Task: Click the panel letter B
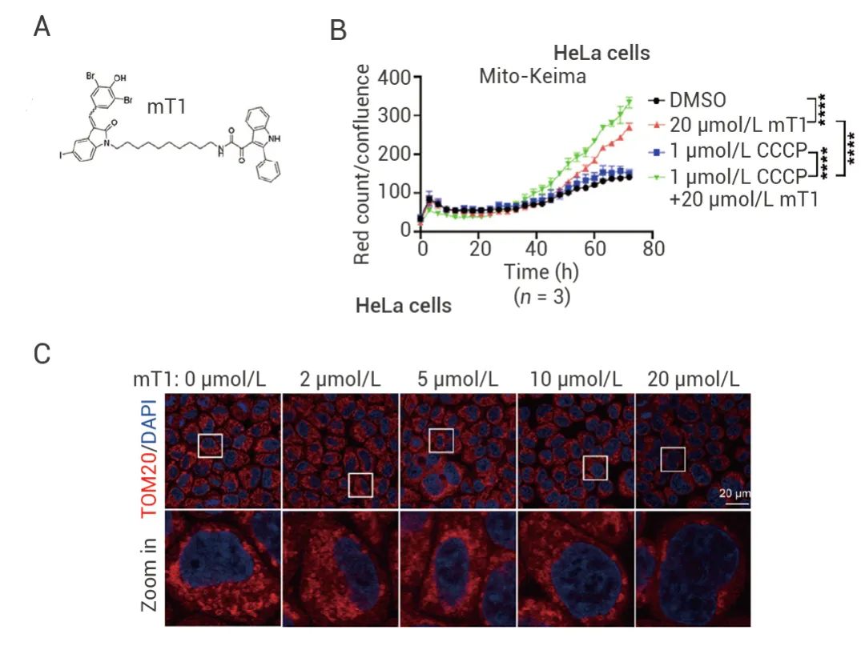coord(338,30)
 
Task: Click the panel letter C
coord(43,352)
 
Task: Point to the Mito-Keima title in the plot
coord(533,77)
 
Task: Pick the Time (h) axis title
coord(541,271)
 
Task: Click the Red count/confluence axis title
coord(363,164)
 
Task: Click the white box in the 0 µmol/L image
coord(210,444)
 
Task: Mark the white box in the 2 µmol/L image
coord(361,484)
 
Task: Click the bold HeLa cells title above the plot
coord(601,54)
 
